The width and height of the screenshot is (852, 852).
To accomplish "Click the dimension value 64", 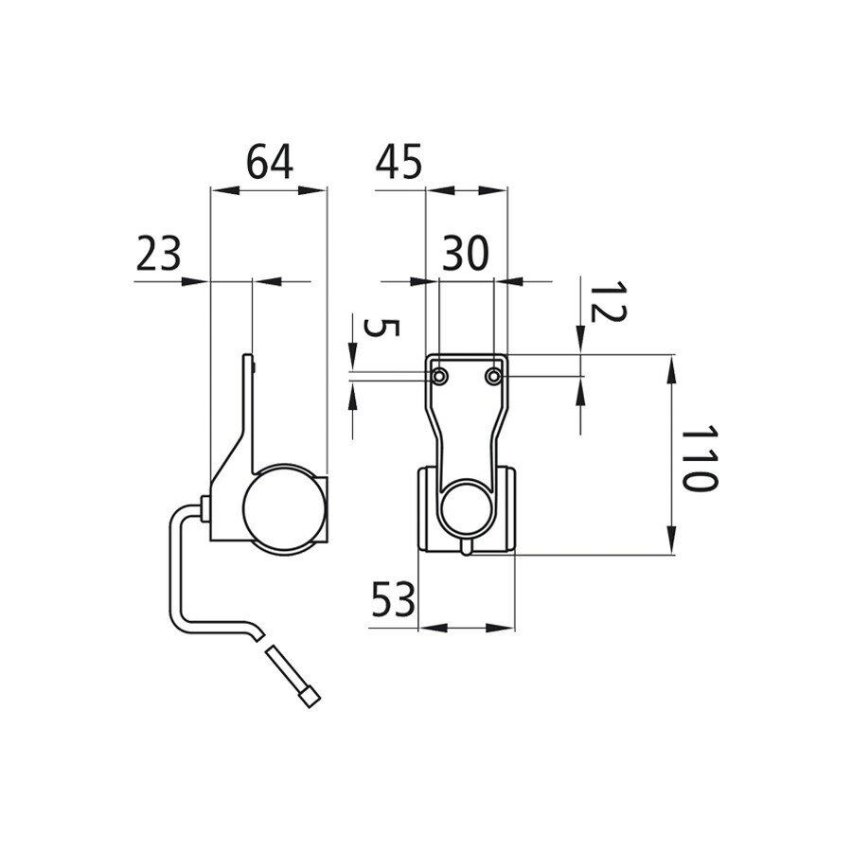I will [270, 162].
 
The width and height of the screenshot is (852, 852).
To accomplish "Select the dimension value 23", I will [158, 255].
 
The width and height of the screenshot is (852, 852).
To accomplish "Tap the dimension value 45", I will [399, 162].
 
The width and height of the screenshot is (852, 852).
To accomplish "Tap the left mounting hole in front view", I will [440, 377].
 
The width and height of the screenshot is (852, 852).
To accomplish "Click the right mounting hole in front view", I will [493, 377].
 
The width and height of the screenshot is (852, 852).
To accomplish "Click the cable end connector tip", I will [311, 699].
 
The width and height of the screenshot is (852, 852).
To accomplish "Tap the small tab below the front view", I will [467, 549].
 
